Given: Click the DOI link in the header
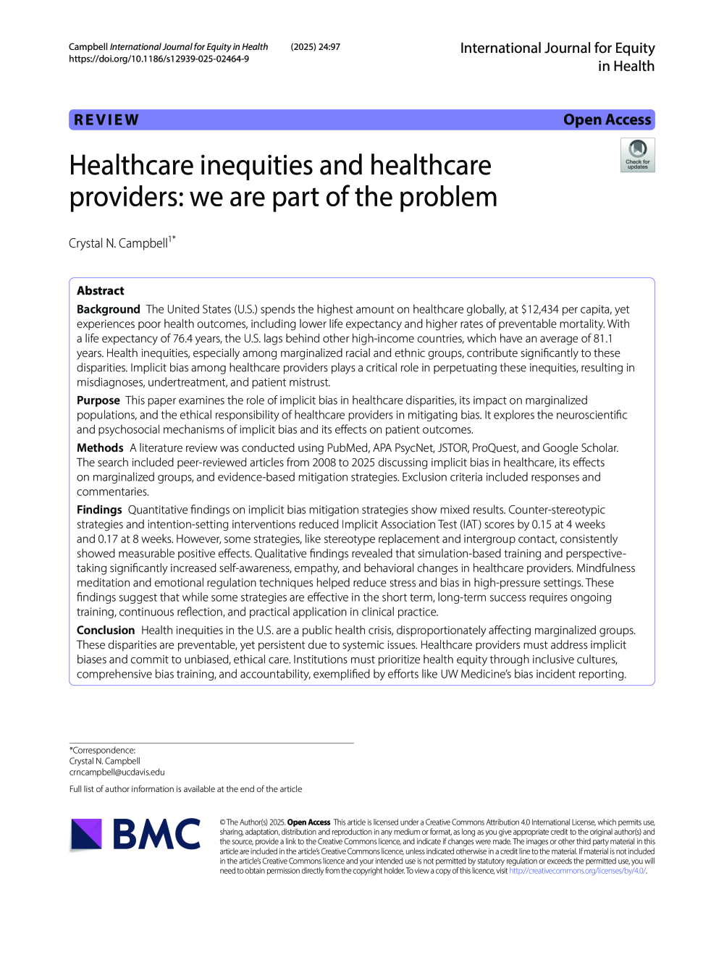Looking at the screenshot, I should (x=159, y=59).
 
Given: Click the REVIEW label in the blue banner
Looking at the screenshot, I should (x=106, y=120).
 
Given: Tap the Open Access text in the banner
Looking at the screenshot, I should (x=607, y=120).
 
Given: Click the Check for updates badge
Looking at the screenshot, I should (x=637, y=155).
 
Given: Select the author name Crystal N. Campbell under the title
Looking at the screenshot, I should (x=119, y=243).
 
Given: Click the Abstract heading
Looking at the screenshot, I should (x=101, y=291).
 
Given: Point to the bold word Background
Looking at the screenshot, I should (x=109, y=309).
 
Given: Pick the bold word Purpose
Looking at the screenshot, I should (x=98, y=400).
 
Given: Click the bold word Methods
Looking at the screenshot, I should (x=100, y=448).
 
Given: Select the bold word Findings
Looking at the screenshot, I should (x=99, y=510).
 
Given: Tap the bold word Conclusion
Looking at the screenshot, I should (x=106, y=631).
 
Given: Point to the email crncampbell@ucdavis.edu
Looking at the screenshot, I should (x=117, y=772).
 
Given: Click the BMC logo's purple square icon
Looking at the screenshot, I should (x=87, y=834).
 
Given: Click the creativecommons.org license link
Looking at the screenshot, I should (x=576, y=871).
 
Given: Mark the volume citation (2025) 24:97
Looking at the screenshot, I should (x=316, y=47).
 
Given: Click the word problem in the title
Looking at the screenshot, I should (x=448, y=197).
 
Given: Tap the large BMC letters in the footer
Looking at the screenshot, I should (x=156, y=834).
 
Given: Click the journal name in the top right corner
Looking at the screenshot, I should (x=557, y=56).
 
